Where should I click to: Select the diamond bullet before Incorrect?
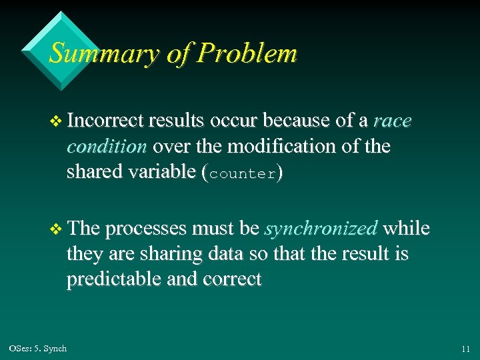[x=56, y=121]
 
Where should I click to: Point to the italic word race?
[x=393, y=121]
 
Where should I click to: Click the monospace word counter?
[x=241, y=173]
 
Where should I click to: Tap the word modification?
[x=289, y=146]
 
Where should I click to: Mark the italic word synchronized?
[x=321, y=229]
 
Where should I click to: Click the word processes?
[x=146, y=229]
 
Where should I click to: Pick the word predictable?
[x=111, y=279]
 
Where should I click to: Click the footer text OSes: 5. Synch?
[x=38, y=349]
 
